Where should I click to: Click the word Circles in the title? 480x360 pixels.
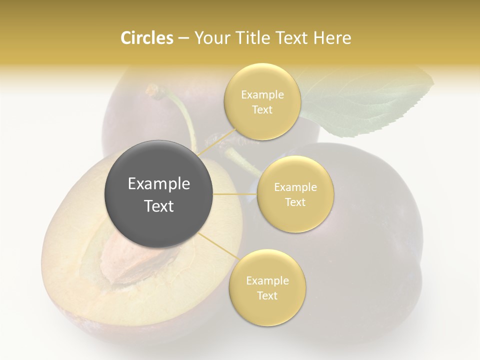pyautogui.click(x=146, y=37)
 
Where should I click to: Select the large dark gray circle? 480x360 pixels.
pyautogui.click(x=158, y=193)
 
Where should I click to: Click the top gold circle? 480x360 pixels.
pyautogui.click(x=262, y=101)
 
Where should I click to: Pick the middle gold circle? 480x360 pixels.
pyautogui.click(x=295, y=194)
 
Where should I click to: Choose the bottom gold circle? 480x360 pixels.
pyautogui.click(x=267, y=287)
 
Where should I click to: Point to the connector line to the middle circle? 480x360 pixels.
pyautogui.click(x=234, y=193)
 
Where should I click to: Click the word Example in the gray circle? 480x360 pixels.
pyautogui.click(x=158, y=184)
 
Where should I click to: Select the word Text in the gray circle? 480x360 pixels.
pyautogui.click(x=158, y=206)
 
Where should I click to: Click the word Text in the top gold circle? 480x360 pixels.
pyautogui.click(x=262, y=110)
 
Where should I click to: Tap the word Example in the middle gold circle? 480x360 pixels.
pyautogui.click(x=295, y=187)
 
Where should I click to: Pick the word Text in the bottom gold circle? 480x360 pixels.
pyautogui.click(x=267, y=295)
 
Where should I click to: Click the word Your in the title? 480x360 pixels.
pyautogui.click(x=209, y=37)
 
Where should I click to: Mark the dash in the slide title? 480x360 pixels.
pyautogui.click(x=183, y=38)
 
